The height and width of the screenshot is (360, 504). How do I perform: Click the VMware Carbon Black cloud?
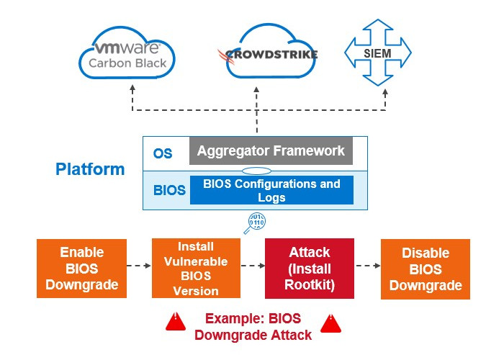point(130,55)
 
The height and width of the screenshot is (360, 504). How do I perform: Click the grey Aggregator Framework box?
point(271,151)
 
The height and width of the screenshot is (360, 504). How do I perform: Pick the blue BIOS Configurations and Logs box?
point(271,191)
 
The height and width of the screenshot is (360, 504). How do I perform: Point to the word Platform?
point(90,170)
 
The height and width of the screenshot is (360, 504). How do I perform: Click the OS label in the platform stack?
point(163,153)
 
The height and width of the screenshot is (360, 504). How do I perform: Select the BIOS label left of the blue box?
point(169,191)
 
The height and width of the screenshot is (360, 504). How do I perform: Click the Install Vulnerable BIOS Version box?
point(196,269)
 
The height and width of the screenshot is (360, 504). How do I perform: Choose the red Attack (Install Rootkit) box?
point(309,269)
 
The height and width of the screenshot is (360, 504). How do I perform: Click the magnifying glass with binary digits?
point(256,222)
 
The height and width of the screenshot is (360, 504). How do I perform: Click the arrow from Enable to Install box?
point(138,266)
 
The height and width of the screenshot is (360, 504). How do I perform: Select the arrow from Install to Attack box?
point(252,266)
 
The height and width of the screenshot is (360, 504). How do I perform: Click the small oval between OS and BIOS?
point(257,171)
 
